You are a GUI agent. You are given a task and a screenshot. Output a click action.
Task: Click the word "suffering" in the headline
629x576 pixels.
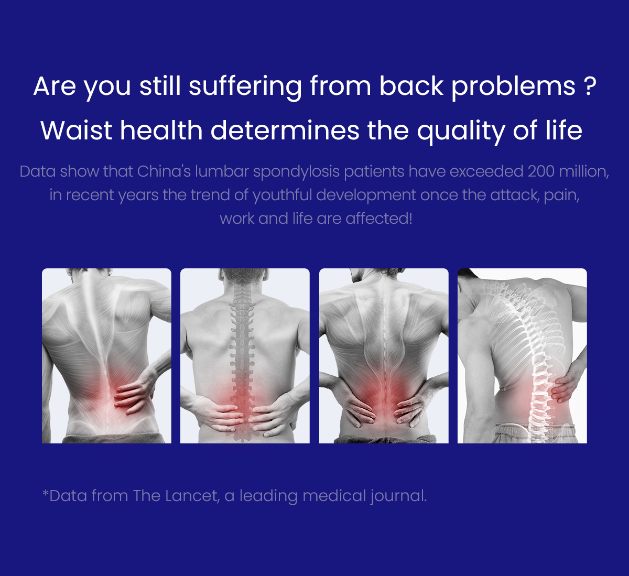245,86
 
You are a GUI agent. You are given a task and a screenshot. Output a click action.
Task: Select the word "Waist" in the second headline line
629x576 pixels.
76,131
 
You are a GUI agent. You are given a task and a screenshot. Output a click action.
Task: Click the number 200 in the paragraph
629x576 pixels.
541,171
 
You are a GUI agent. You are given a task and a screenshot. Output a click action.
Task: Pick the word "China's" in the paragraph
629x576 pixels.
164,171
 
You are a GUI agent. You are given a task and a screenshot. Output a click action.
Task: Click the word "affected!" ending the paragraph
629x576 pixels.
379,218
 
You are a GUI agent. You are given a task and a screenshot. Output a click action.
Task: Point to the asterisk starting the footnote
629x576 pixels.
46,493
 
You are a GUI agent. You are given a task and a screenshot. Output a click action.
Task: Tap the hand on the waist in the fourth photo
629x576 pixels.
565,386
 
